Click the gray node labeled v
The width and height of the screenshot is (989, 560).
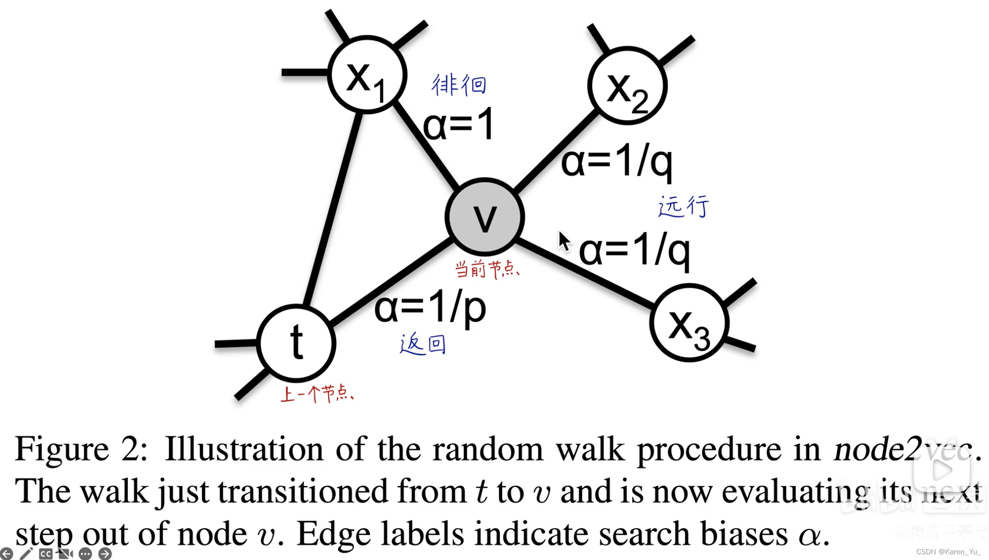click(x=484, y=217)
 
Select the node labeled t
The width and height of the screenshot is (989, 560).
click(x=296, y=343)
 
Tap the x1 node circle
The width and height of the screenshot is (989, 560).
click(x=367, y=75)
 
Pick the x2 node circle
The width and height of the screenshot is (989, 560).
click(x=627, y=86)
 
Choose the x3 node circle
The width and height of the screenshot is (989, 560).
click(x=689, y=323)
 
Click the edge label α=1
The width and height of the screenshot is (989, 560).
click(x=459, y=125)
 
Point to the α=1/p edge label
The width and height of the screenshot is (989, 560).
click(x=430, y=308)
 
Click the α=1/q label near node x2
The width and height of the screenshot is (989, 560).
click(x=617, y=162)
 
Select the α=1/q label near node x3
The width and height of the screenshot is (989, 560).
click(x=634, y=250)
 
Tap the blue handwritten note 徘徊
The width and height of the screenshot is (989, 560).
click(x=459, y=85)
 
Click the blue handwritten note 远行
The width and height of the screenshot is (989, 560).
click(x=683, y=206)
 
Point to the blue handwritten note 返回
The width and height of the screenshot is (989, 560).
click(x=423, y=344)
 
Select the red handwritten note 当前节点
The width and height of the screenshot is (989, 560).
click(x=486, y=269)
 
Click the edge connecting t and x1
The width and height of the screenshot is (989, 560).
click(x=332, y=208)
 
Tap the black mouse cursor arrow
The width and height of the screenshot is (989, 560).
click(x=564, y=242)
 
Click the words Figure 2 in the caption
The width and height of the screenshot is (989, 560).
click(x=81, y=449)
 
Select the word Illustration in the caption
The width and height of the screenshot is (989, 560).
click(x=244, y=449)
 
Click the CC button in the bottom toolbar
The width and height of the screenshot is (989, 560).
click(x=46, y=554)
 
